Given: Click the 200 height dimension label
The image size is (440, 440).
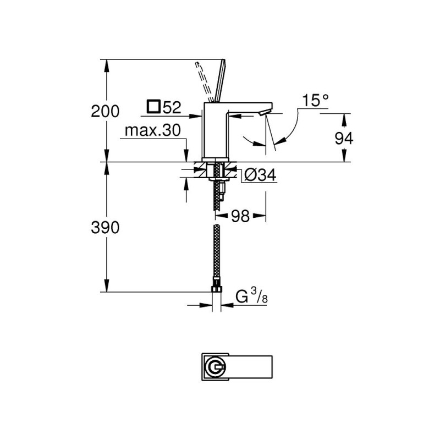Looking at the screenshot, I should point(105,111).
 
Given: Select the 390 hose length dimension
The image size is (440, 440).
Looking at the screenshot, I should point(105,227).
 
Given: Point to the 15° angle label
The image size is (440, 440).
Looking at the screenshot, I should point(315,100).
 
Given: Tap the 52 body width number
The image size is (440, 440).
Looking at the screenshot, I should point(172,107).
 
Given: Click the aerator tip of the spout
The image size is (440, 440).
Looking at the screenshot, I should point(263,112).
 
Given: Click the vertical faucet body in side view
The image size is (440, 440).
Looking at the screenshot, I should point(214,132).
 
